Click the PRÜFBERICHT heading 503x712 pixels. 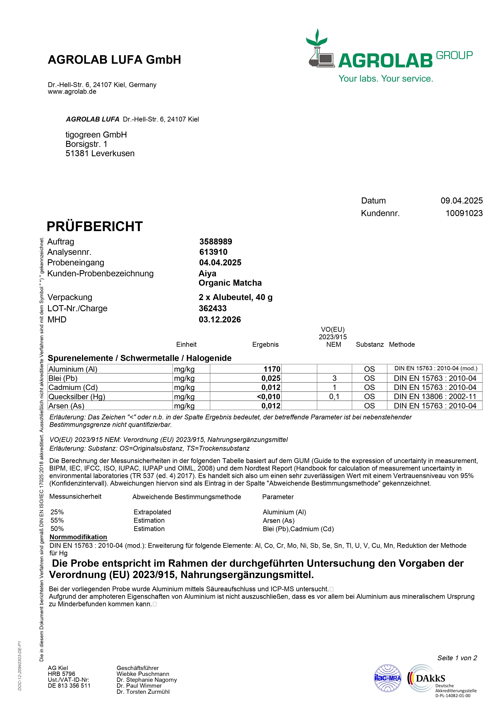[95, 227]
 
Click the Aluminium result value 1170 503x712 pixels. [272, 369]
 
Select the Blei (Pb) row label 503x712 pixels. [63, 378]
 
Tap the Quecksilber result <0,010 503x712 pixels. [268, 397]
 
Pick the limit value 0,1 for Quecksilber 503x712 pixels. [334, 397]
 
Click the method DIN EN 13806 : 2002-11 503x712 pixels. [435, 397]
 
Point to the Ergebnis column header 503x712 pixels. [265, 345]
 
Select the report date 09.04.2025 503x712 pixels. [461, 201]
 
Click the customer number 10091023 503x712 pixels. [464, 213]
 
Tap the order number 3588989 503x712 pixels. [216, 242]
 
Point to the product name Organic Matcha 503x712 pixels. [230, 283]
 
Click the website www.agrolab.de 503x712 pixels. [72, 92]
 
